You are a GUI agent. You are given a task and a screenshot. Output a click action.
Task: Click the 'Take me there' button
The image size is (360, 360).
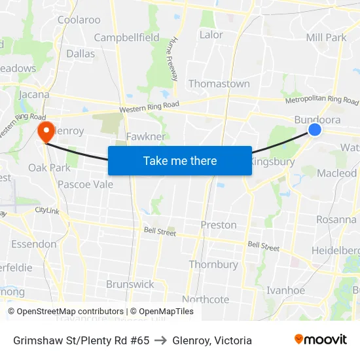180,160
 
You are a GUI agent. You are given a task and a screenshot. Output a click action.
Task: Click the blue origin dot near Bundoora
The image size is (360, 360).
315,130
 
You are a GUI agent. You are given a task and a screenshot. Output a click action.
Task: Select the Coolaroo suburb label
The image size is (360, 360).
79,20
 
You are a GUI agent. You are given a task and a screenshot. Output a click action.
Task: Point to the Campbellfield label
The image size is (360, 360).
126,37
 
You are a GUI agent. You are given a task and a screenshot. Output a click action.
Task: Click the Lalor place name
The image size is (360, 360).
211,35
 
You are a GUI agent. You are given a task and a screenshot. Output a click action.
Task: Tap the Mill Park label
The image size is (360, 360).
327,37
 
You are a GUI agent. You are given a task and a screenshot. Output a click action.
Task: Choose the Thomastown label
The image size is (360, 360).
219,84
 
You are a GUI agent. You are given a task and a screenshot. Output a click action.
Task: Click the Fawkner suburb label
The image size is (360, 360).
145,136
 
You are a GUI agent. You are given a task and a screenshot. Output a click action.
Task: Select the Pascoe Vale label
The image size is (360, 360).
85,185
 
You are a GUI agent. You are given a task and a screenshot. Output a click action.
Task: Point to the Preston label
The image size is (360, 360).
219,225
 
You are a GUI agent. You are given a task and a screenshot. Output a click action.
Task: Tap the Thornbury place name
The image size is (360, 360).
213,264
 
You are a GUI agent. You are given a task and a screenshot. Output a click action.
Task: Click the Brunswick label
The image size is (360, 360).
130,284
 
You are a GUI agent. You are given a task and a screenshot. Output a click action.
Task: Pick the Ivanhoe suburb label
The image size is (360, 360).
286,290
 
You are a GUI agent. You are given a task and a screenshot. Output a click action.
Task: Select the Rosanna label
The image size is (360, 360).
336,219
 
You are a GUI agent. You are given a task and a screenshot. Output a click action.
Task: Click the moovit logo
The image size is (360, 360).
321,340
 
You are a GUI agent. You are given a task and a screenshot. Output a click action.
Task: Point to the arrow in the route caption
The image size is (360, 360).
161,340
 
